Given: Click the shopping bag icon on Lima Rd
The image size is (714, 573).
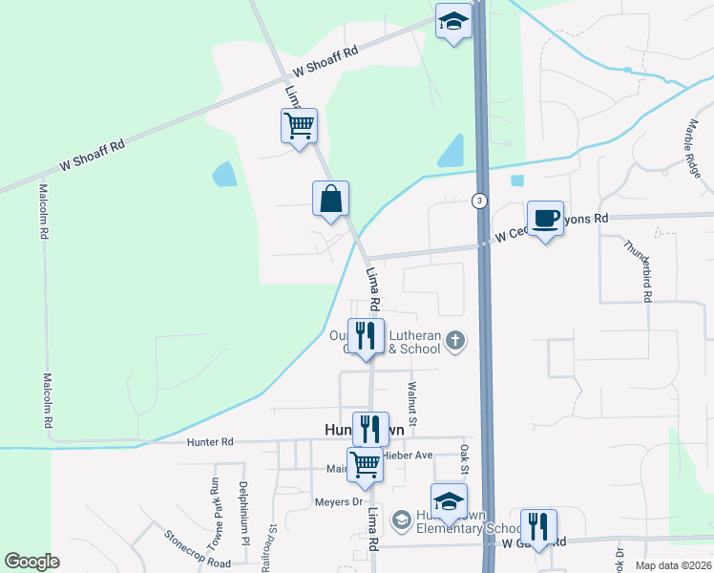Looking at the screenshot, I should point(330,200).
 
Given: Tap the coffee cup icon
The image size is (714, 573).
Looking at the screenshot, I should point(545,219).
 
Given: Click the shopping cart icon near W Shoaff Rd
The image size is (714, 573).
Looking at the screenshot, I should point(299,125).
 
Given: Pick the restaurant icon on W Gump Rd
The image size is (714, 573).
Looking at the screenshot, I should point(538,526).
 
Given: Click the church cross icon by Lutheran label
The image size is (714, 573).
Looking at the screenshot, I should point(456,340).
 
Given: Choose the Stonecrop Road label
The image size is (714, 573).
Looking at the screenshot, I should point(197,549).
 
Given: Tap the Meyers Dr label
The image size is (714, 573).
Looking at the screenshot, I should point(339,501).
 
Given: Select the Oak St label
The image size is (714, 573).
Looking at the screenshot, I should point(465,459).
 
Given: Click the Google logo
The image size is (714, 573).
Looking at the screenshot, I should point(31,562).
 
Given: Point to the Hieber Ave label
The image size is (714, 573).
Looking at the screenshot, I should point(409,455).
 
